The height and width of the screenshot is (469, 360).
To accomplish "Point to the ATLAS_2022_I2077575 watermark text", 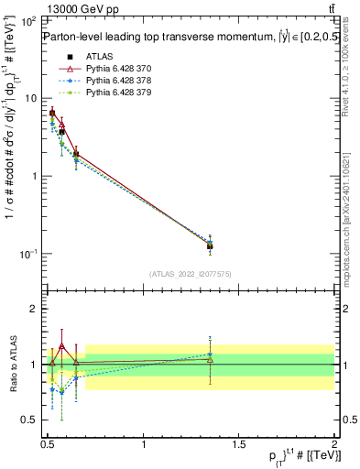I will (189, 273).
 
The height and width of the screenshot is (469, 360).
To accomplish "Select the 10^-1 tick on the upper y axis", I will (27, 253).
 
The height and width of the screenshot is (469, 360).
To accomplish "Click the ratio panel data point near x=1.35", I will (210, 359).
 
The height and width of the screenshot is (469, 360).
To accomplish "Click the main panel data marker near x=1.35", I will (210, 245).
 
